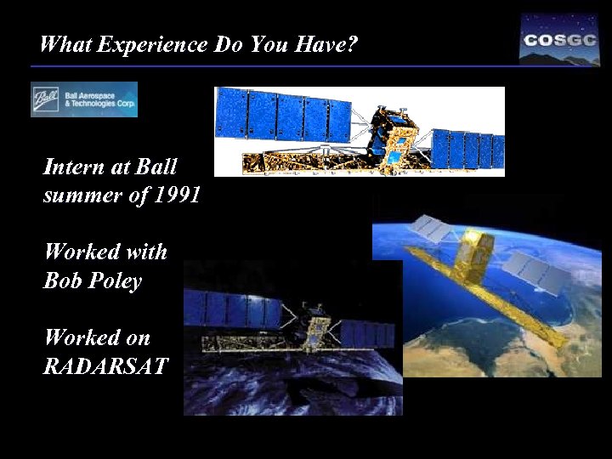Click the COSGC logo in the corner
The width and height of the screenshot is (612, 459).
[559, 39]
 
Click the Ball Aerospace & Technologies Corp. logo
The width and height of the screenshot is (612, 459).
[84, 99]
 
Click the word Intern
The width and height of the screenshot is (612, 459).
[72, 166]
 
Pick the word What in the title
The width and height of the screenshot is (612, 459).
[65, 44]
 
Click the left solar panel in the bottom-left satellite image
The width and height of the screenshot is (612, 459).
[233, 309]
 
